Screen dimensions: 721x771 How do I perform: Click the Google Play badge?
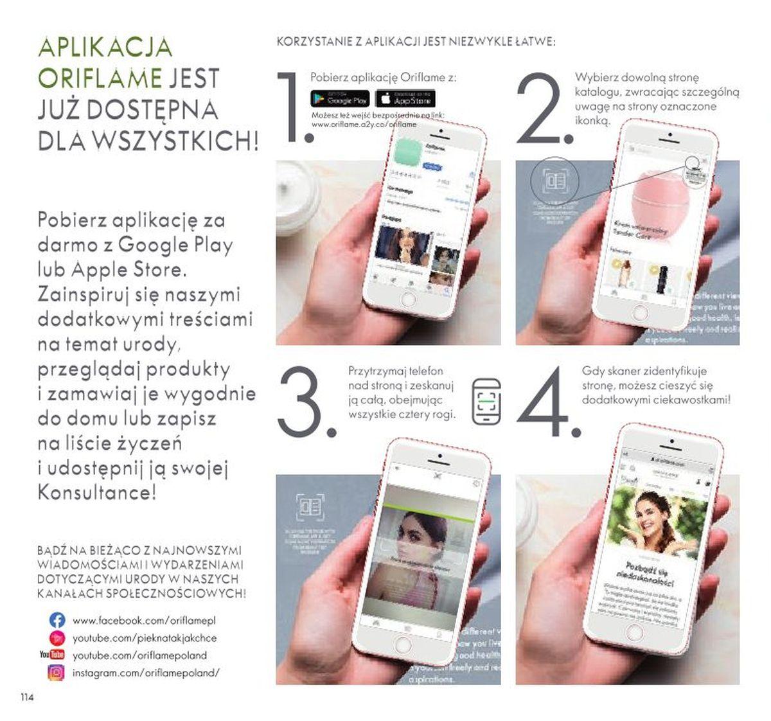point(340,99)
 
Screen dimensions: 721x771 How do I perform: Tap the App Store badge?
point(405,99)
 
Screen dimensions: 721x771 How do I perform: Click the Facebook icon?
point(57,620)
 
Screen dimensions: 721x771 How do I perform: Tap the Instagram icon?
point(57,673)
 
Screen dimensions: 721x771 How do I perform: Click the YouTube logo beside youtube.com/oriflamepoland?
point(53,655)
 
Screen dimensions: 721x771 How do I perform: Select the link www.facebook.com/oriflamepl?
point(144,621)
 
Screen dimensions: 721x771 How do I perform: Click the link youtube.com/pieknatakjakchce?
point(144,638)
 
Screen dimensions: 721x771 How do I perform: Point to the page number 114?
point(26,697)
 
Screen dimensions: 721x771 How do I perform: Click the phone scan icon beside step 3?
point(486,402)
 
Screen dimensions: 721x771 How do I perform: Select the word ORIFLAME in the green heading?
point(100,78)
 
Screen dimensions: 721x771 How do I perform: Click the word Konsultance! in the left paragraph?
point(96,493)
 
